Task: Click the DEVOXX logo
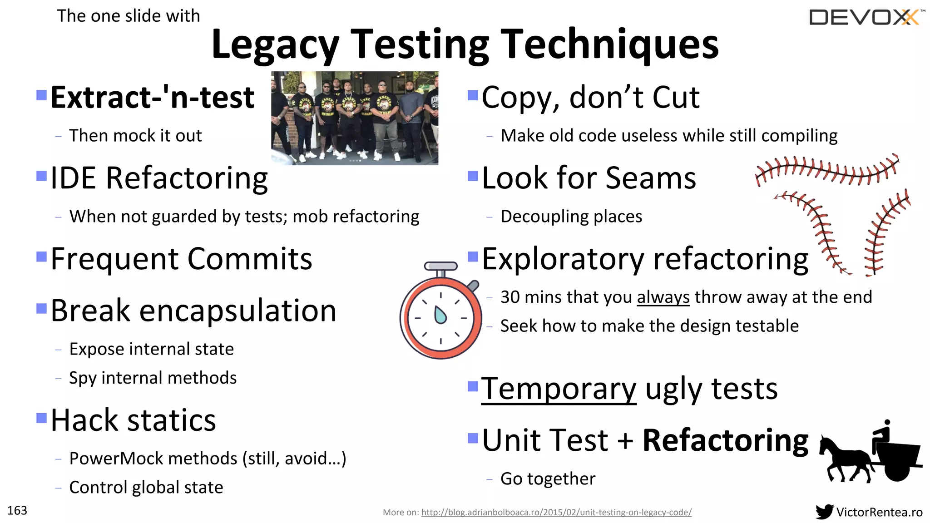866,18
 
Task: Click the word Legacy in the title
275,44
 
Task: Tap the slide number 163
17,511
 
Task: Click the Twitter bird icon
824,512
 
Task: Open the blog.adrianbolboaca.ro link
556,512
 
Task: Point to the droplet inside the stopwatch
440,315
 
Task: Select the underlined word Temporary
559,389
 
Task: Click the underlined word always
663,297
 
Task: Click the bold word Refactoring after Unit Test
725,440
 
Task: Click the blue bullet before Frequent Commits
41,257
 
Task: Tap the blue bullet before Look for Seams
473,176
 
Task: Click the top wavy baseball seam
826,170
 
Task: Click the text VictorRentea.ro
879,512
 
